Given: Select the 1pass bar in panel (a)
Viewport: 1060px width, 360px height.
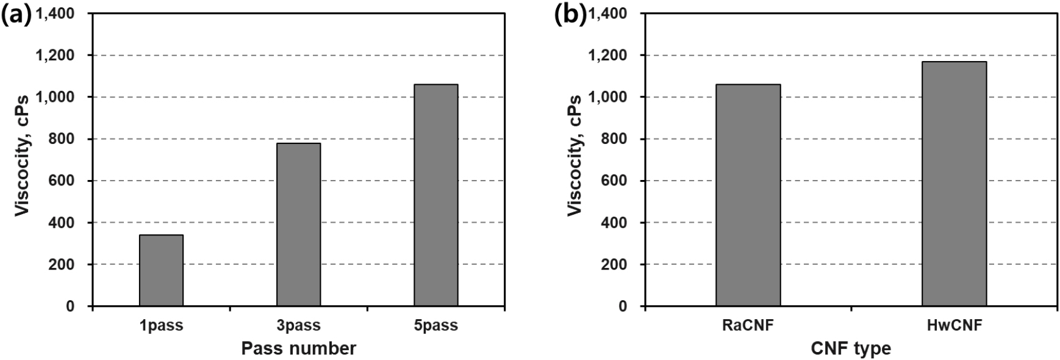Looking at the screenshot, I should coord(161,270).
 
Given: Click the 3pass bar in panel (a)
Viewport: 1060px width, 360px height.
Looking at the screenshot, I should coord(298,225).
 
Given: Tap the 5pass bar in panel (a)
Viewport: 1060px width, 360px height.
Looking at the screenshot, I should coord(435,195).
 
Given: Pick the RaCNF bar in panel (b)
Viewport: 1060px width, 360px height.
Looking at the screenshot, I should coord(748,195).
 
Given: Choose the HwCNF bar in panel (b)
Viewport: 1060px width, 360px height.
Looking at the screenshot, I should coord(954,184).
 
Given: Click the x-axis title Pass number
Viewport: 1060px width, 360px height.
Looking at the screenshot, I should coord(298,348).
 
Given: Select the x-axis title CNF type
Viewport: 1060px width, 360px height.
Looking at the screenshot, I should coord(851,348).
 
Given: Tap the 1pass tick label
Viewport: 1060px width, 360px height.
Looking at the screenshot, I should coord(161,325).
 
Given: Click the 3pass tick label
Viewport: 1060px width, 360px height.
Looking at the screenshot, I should coord(298,325).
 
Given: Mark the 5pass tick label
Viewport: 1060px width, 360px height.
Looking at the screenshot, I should coord(435,325).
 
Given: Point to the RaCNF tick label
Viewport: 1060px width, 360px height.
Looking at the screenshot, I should coord(748,325).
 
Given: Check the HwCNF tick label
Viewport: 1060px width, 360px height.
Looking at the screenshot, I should coord(954,325).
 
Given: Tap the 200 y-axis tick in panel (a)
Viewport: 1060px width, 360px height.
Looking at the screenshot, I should coord(63,265).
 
